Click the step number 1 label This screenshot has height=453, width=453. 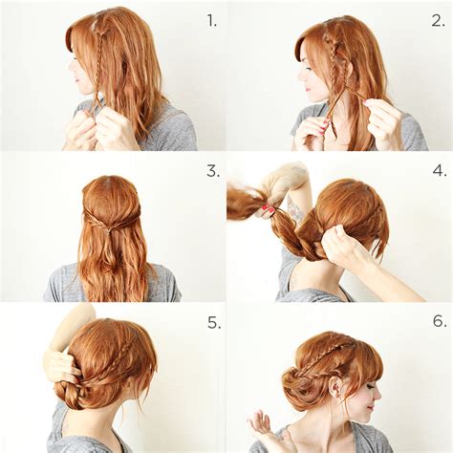212,18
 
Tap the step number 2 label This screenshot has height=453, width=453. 437,18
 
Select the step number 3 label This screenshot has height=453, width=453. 212,170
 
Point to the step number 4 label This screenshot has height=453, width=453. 438,170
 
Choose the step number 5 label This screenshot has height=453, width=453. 212,322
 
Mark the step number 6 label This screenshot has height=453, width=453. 438,321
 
